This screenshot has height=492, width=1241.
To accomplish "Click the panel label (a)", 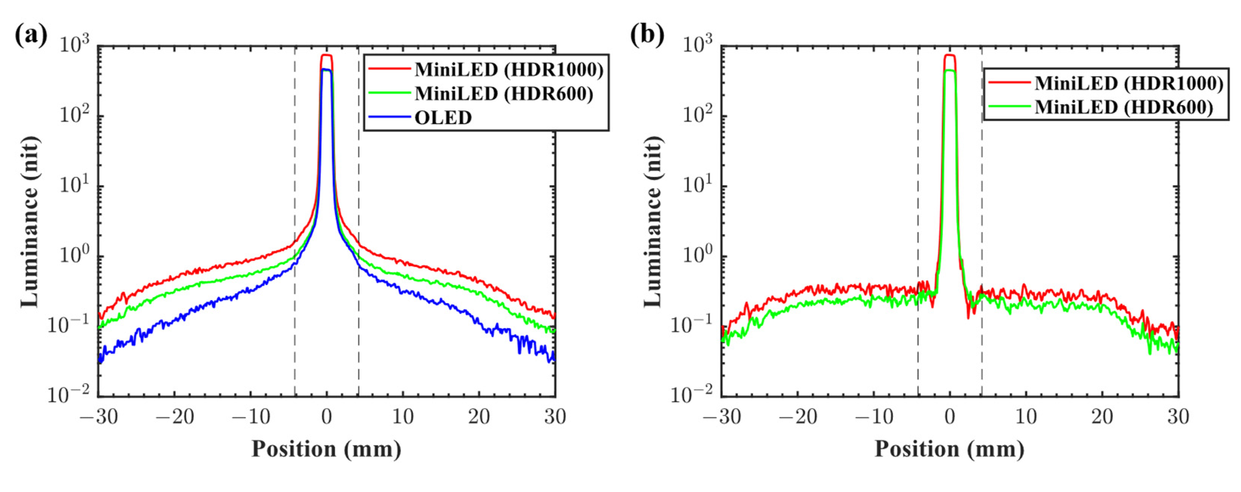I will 31,36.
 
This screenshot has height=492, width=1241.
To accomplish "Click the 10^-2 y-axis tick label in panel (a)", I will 69,395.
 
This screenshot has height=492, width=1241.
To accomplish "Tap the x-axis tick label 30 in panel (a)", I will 555,417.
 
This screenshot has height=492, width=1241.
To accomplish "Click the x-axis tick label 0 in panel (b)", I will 950,417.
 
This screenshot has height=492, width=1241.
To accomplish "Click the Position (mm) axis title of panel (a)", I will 326,449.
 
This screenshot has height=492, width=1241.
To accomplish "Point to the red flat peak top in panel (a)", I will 326,56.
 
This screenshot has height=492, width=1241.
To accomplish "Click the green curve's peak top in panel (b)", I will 950,71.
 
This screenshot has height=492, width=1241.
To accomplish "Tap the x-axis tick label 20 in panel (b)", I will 1102,417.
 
